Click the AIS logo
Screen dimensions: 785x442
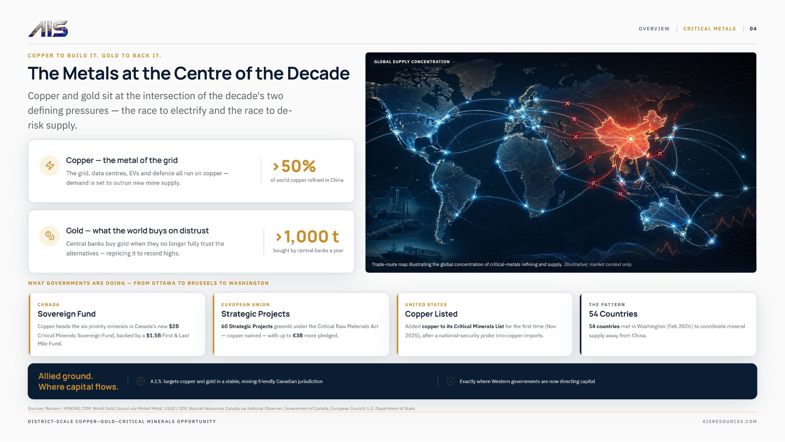[x=48, y=29]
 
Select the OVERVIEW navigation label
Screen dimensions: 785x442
[x=654, y=29]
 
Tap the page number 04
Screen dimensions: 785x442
[x=753, y=29]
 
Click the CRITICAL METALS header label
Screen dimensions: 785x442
[x=709, y=29]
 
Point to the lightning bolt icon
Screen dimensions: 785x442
[x=49, y=165]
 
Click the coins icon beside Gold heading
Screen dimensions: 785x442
[x=49, y=236]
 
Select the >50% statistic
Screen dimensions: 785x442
[x=294, y=166]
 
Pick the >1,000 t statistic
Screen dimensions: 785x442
[x=307, y=236]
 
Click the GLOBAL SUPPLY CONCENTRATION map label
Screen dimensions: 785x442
[x=412, y=62]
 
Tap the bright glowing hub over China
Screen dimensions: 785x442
[x=631, y=139]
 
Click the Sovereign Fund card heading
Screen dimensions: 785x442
[x=67, y=314]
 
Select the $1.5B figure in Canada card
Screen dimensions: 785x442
[x=153, y=335]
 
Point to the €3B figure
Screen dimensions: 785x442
[x=298, y=335]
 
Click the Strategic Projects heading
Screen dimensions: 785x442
[x=256, y=314]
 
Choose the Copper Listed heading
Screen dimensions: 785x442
[x=431, y=314]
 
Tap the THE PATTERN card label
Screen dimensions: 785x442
[x=607, y=305]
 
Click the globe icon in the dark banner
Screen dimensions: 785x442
[x=141, y=381]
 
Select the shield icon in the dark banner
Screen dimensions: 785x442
[x=451, y=381]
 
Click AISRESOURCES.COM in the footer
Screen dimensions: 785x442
[x=730, y=422]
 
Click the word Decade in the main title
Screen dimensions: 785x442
[x=318, y=73]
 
